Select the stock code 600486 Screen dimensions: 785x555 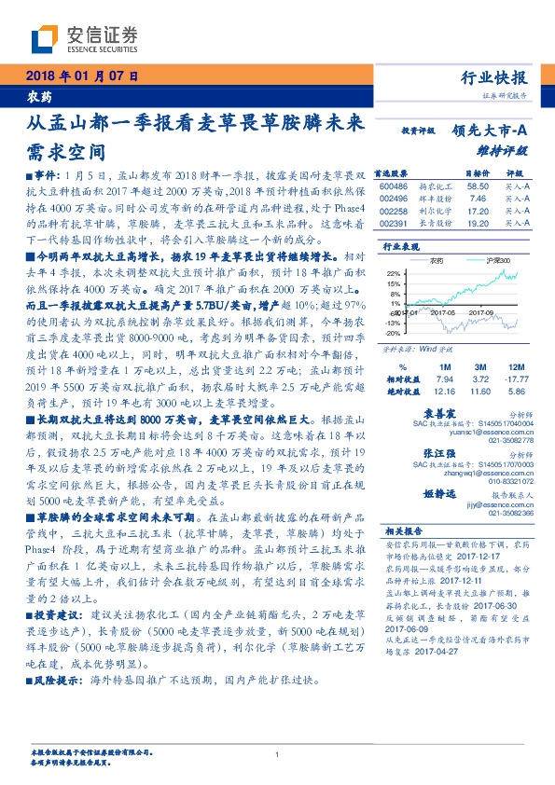pos(394,186)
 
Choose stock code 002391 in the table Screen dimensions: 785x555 pos(394,224)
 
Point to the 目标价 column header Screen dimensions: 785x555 pos(479,173)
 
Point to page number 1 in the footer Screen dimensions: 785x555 pos(277,754)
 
